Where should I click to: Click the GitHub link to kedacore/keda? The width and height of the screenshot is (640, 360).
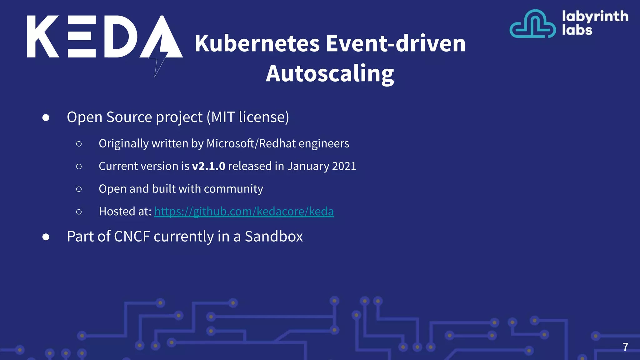point(244,212)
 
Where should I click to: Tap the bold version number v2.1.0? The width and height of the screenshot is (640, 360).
point(208,166)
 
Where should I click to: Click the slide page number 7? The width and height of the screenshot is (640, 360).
point(625,347)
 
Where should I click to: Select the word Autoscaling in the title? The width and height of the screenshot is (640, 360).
point(330,74)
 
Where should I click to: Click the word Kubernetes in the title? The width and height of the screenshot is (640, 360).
point(257,43)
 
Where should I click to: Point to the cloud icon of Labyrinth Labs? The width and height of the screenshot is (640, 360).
point(532,24)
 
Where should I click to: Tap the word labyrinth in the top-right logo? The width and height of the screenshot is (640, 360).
point(595,16)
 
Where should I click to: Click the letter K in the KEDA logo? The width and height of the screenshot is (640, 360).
point(42,37)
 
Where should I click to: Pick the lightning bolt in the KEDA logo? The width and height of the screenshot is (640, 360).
point(159,59)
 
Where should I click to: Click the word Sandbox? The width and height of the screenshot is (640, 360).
point(274,236)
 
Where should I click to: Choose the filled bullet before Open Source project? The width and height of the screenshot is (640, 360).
point(46,117)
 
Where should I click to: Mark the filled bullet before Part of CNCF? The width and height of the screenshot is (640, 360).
point(46,237)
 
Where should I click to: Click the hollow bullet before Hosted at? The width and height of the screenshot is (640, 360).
point(79,212)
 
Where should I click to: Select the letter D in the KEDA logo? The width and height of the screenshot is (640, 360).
point(120,37)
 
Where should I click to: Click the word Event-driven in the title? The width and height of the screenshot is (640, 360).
point(396,43)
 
